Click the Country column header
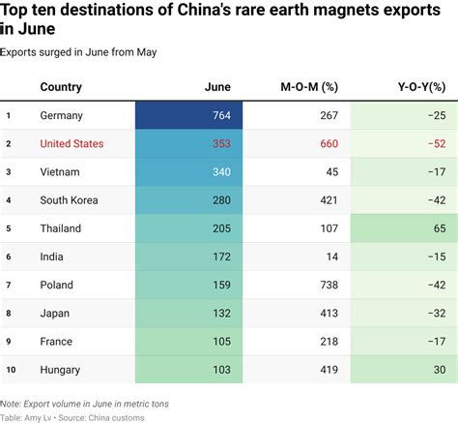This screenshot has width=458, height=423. coord(60,87)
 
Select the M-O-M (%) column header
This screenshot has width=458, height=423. coord(308,87)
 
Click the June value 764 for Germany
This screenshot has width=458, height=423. coord(218,116)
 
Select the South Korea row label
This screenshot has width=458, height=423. coord(72,200)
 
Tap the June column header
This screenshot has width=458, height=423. coord(217,87)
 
